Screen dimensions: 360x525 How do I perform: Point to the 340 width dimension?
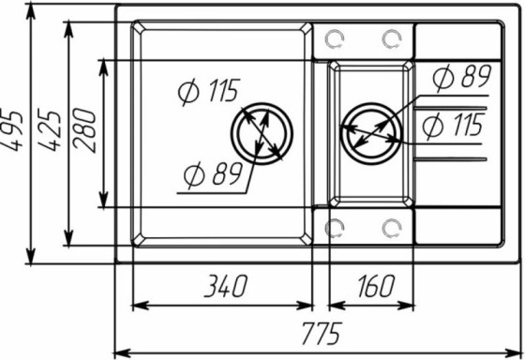click(x=221, y=285)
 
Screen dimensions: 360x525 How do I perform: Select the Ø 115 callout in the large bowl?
click(x=207, y=91)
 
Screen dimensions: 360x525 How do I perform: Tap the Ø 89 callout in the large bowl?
click(x=211, y=173)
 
